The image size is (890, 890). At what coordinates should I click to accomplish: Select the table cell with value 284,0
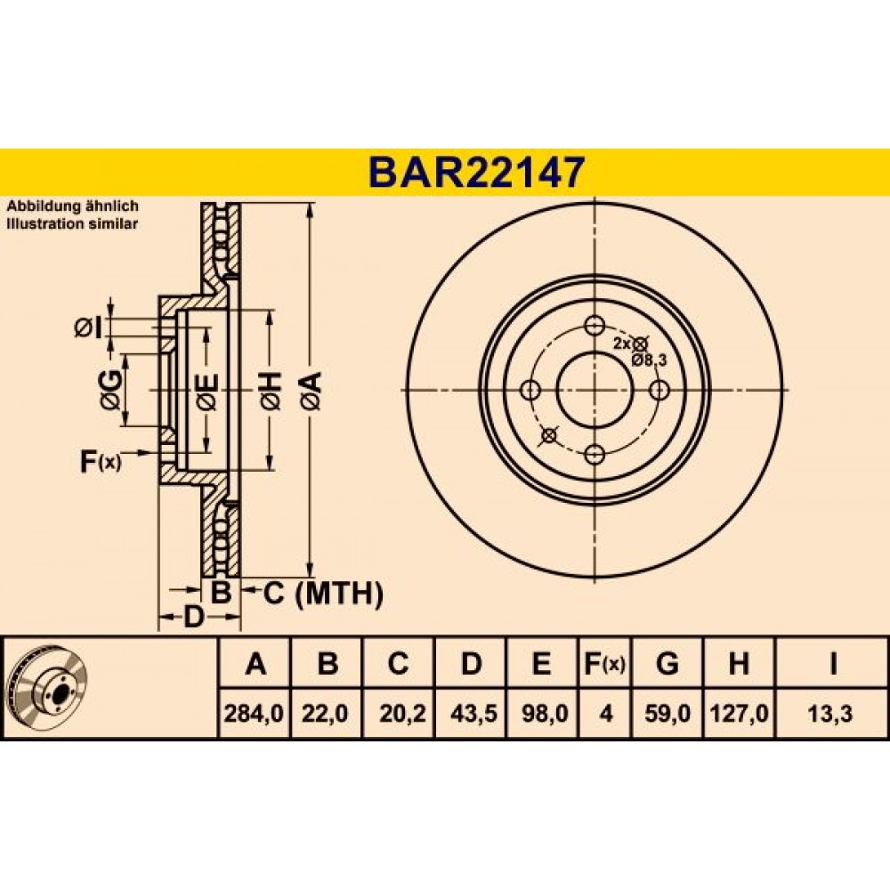point(254,713)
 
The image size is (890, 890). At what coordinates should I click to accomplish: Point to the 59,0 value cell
point(667,713)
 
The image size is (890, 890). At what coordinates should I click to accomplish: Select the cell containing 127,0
point(739,713)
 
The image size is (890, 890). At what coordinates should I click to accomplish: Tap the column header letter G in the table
point(667,663)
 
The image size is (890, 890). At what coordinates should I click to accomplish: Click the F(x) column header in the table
point(605,664)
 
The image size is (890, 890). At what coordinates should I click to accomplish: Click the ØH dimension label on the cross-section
point(271,391)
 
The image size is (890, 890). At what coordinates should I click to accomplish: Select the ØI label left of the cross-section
point(89,328)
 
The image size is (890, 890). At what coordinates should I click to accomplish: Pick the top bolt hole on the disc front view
point(595,325)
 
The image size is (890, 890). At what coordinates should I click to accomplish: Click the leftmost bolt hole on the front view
point(530,390)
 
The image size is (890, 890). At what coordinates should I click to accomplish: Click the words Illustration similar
point(72,223)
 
